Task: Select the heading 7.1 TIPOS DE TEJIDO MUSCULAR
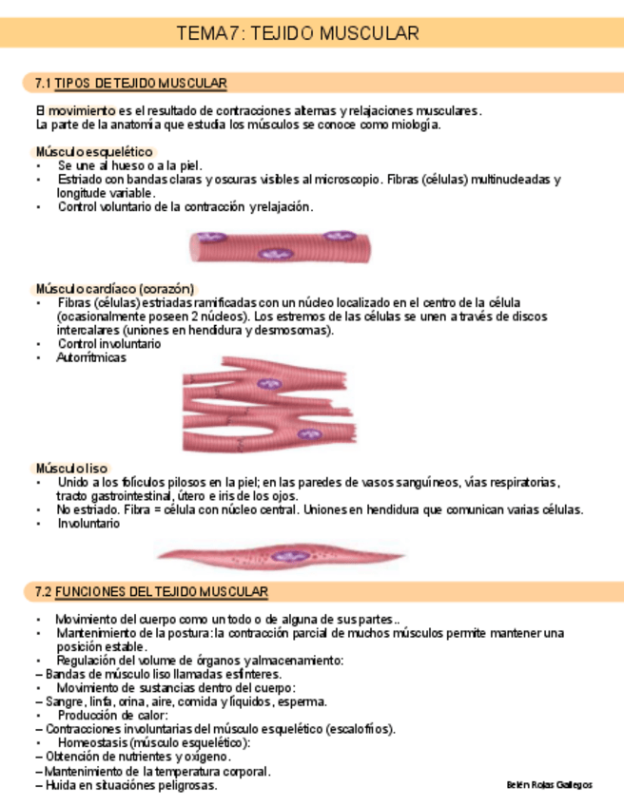coord(130,83)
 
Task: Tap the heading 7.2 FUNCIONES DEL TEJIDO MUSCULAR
coord(151,592)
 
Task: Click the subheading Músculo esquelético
coord(93,152)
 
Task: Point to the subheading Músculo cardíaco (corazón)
coord(114,288)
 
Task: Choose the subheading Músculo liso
coord(71,469)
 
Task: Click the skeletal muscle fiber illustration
coord(282,246)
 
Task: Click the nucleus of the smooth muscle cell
coord(283,556)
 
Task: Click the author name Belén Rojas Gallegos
coord(549,785)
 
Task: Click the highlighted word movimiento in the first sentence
coord(83,110)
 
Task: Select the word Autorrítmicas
coord(91,358)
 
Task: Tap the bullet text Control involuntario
coord(109,344)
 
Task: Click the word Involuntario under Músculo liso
coord(88,524)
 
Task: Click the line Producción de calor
coord(112,715)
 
